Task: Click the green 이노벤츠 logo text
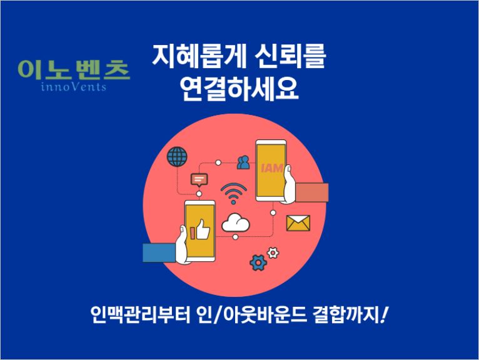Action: click(74, 70)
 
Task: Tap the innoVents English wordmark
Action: click(74, 87)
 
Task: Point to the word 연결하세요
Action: click(239, 89)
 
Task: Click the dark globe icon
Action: click(177, 157)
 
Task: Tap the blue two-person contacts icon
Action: click(243, 162)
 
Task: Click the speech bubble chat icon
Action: click(199, 180)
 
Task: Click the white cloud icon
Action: click(235, 222)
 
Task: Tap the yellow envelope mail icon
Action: click(298, 223)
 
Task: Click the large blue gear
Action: click(258, 262)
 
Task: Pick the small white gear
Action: click(273, 253)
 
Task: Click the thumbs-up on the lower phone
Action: click(203, 229)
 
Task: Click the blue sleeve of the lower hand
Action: click(159, 252)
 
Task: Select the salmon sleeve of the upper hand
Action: click(312, 192)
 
